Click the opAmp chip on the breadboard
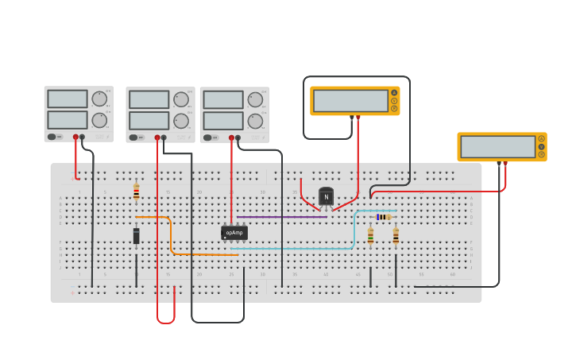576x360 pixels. click(x=234, y=233)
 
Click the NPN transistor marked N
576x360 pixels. click(x=326, y=196)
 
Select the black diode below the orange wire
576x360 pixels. click(x=136, y=236)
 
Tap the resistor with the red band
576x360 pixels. click(x=136, y=192)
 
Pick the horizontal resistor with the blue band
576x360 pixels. click(x=384, y=217)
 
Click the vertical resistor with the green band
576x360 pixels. click(x=370, y=235)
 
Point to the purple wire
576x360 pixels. click(x=281, y=217)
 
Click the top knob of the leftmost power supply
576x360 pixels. click(x=99, y=99)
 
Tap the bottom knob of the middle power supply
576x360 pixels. click(x=180, y=121)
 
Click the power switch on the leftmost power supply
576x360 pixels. click(x=52, y=137)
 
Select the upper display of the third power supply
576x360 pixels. click(x=222, y=99)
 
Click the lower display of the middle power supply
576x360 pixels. click(x=149, y=120)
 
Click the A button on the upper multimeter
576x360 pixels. click(x=393, y=93)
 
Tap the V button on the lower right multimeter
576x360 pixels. click(x=541, y=146)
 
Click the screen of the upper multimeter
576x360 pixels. click(x=350, y=101)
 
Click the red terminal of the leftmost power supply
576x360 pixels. click(x=75, y=137)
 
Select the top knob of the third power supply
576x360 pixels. click(x=254, y=99)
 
